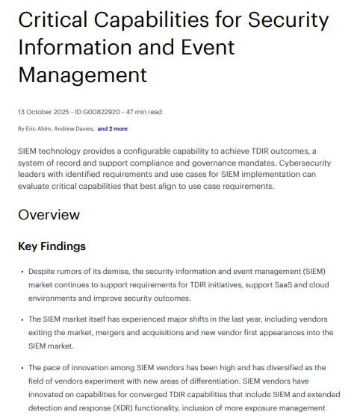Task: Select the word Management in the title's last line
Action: (82, 75)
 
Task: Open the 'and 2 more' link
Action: (114, 129)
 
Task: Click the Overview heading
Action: (49, 215)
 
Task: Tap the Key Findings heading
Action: (52, 246)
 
